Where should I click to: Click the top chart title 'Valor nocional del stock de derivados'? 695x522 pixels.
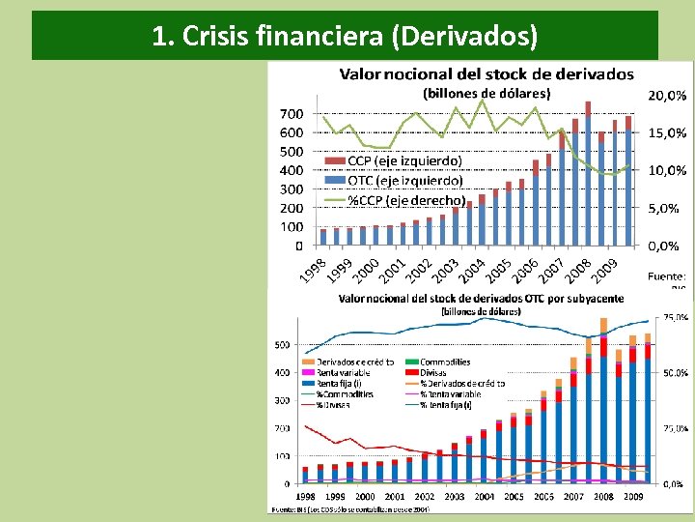[486, 73]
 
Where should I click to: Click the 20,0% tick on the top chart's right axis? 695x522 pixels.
[666, 96]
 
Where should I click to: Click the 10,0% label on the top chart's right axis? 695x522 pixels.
[666, 170]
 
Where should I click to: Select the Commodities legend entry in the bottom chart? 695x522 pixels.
[446, 362]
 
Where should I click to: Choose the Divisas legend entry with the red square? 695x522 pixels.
[435, 372]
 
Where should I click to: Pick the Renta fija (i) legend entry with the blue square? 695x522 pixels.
[340, 383]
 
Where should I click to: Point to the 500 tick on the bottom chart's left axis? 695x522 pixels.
[282, 345]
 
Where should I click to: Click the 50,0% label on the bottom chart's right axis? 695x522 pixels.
[676, 372]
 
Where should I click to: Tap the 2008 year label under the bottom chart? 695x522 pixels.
[602, 496]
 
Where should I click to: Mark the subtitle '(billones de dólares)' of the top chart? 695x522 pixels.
[486, 93]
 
